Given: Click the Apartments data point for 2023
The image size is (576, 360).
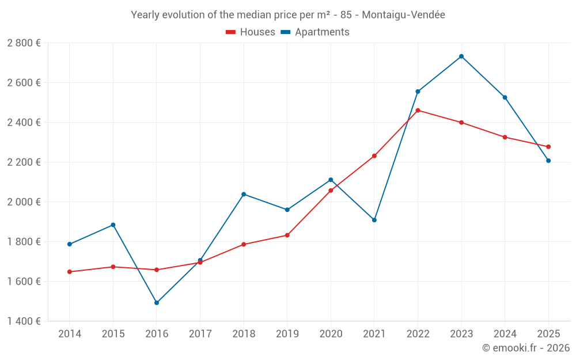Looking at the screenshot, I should click(461, 56).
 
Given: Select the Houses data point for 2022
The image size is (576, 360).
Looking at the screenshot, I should click(418, 111).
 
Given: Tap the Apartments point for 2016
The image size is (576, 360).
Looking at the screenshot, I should click(157, 302).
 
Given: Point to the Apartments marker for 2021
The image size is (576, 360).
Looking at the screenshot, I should click(374, 220).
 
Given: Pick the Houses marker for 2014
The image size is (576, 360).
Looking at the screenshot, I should click(70, 272).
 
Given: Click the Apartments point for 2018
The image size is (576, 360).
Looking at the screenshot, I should click(244, 194).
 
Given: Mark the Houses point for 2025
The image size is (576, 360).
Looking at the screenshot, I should click(548, 147).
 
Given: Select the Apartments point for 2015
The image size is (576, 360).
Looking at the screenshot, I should click(113, 225).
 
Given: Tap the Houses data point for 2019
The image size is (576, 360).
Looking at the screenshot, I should click(287, 235).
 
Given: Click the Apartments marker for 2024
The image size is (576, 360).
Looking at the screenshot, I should click(505, 97).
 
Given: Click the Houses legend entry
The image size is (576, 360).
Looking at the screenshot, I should click(251, 32).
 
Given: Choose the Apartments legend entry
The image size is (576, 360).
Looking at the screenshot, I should click(315, 32).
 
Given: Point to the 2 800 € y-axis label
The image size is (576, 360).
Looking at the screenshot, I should click(24, 43).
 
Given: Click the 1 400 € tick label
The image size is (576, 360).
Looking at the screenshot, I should click(24, 321).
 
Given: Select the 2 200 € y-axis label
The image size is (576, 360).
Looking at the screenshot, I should click(24, 162).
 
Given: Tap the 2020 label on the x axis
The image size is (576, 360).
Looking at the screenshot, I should click(331, 334).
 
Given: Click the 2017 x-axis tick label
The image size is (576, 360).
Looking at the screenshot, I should click(200, 334).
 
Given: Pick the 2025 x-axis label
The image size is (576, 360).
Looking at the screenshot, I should click(548, 334).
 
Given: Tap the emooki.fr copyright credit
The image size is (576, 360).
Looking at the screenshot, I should click(526, 348).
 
